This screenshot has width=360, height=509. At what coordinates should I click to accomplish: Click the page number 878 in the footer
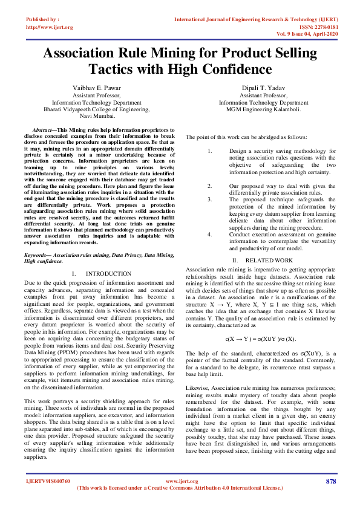tap(330, 481)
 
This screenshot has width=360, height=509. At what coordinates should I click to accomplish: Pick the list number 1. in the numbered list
tap(209, 151)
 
